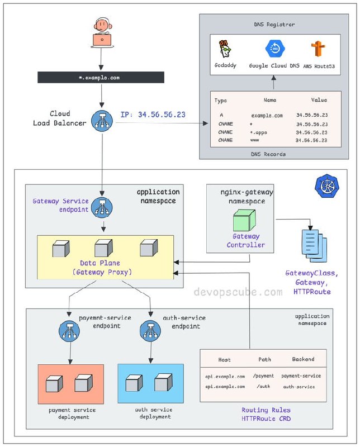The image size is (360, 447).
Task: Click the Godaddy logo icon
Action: (225, 49)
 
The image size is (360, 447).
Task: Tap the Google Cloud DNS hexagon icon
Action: (274, 49)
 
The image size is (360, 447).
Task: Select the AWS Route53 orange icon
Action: (318, 49)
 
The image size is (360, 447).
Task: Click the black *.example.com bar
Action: (101, 77)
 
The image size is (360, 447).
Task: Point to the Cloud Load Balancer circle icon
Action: (102, 121)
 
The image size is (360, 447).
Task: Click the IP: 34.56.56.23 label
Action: (153, 115)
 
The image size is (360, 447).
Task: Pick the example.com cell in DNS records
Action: (267, 116)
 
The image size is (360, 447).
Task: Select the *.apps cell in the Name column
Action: (258, 132)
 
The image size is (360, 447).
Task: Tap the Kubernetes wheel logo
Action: (327, 186)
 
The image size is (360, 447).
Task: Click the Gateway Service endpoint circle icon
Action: (102, 207)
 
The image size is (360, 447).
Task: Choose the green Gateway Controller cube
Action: (244, 220)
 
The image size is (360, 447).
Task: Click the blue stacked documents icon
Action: (314, 246)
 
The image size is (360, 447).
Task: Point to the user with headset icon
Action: (102, 32)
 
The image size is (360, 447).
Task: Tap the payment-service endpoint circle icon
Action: (69, 331)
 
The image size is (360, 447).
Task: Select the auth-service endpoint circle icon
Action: (150, 331)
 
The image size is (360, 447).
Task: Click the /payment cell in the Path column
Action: (263, 376)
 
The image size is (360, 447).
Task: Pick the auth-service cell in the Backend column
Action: (299, 387)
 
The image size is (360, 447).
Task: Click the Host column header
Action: (224, 360)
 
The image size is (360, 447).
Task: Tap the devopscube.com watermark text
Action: (238, 292)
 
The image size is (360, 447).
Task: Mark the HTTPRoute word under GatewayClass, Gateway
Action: (312, 292)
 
